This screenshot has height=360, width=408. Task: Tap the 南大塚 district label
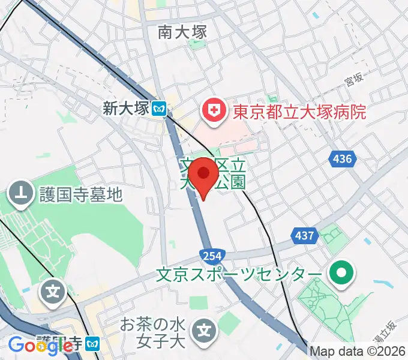point(183,32)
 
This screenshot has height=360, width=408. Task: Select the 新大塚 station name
point(125,108)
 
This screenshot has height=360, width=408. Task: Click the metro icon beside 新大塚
point(159,109)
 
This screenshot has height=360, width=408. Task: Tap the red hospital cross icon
point(212,110)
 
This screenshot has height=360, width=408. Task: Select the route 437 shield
point(304,236)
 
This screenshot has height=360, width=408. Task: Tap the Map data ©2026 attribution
point(358,351)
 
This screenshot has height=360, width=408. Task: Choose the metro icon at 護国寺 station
point(93,344)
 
